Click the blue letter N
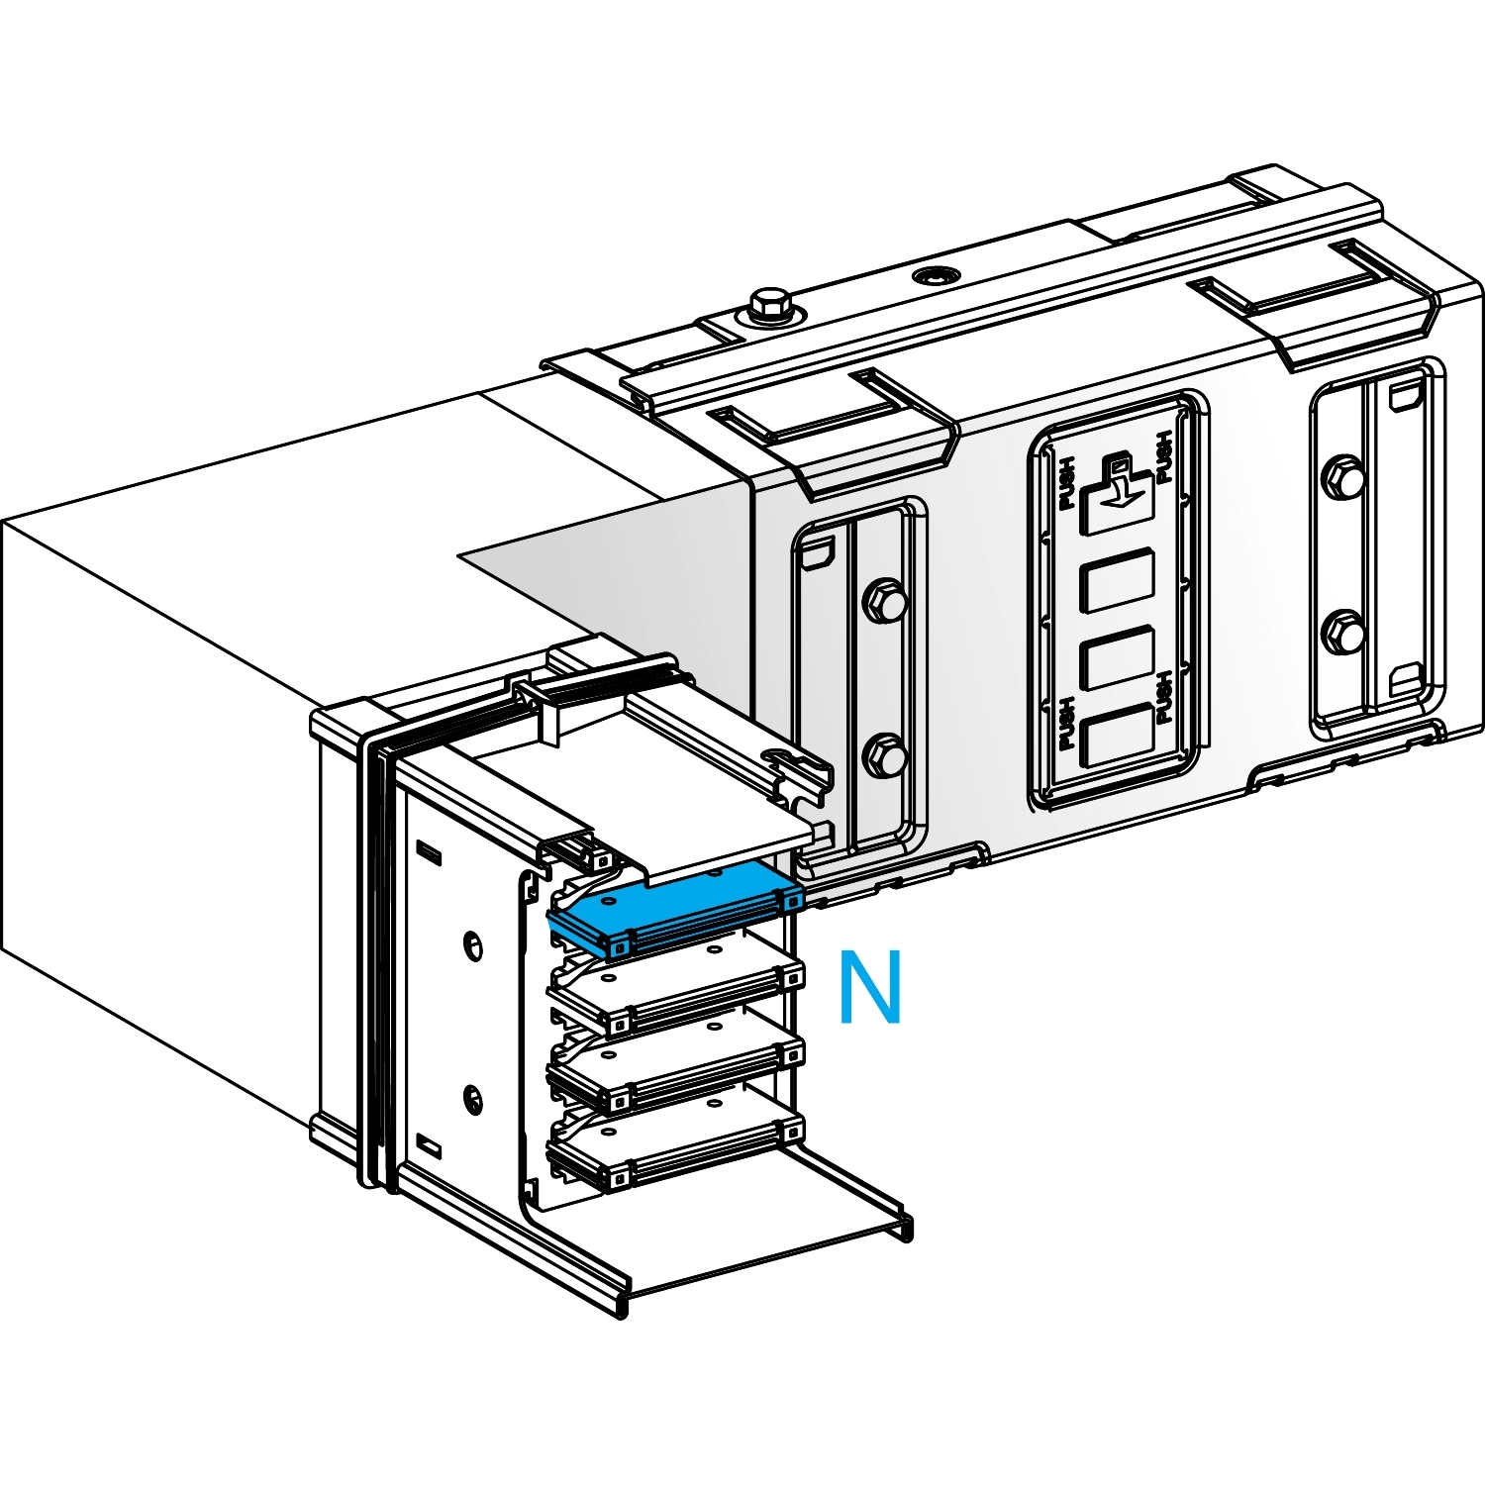click(870, 987)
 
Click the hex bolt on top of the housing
click(769, 304)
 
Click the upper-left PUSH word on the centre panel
click(1066, 483)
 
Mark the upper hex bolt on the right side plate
click(1343, 477)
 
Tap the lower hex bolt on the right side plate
click(1343, 631)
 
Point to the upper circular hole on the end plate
click(473, 943)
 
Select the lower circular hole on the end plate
click(473, 1097)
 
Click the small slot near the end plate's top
click(429, 852)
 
